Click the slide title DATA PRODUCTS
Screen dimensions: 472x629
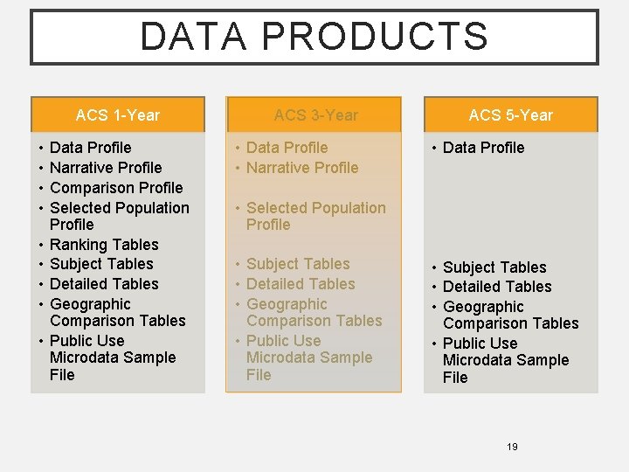[314, 37]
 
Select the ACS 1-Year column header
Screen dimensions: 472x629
[118, 115]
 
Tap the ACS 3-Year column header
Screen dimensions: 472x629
[315, 115]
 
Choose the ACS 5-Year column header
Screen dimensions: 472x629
[510, 115]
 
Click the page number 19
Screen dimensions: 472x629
[512, 447]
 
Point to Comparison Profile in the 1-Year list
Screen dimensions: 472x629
[116, 188]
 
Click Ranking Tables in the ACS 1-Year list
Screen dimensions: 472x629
[104, 245]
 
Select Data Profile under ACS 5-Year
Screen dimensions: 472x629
[483, 148]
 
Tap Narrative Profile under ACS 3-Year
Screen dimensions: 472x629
[302, 168]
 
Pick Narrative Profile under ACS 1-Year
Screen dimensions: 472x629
[106, 168]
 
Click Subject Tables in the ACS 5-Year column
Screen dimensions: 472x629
[494, 267]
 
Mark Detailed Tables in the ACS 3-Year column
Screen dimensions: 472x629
[301, 284]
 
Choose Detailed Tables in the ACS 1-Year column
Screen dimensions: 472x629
[104, 284]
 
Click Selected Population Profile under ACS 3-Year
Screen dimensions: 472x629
[315, 216]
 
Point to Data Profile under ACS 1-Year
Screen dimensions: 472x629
[91, 148]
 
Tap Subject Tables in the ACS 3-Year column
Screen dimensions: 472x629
[298, 264]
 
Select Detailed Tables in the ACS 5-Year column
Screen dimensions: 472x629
[497, 287]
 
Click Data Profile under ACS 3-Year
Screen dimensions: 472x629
[287, 148]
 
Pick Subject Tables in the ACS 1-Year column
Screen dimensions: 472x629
[101, 264]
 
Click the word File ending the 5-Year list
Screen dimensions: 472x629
[455, 378]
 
